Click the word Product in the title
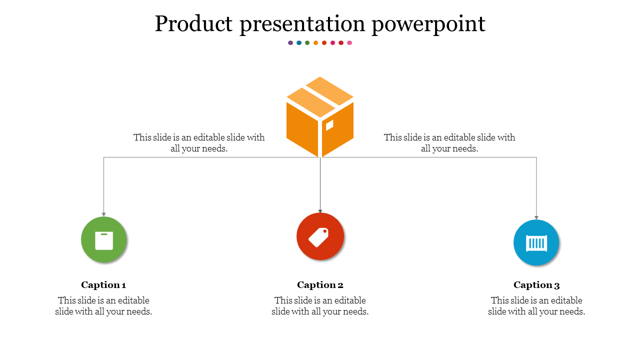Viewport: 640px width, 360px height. tap(193, 23)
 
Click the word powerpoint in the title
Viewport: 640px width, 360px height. tap(428, 25)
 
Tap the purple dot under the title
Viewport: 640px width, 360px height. tap(290, 43)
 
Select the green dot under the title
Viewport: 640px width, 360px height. tap(307, 43)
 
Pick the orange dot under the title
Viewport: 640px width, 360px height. tap(315, 43)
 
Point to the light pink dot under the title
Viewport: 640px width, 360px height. tap(349, 43)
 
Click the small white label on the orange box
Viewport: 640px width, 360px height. tap(329, 125)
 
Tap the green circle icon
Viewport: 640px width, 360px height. tap(103, 239)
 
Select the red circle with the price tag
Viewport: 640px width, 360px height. tap(320, 236)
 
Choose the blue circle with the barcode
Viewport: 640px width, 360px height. tap(536, 242)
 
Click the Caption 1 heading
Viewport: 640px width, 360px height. tap(103, 285)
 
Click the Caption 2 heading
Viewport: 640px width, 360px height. tap(320, 285)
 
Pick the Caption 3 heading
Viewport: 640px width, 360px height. tap(536, 285)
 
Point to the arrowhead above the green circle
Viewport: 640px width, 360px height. tap(103, 214)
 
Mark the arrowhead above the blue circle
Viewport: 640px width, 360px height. tap(536, 217)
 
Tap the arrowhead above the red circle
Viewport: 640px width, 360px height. tap(320, 211)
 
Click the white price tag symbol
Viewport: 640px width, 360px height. tap(318, 237)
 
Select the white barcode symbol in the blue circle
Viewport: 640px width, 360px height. tap(536, 243)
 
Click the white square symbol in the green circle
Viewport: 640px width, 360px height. tap(104, 241)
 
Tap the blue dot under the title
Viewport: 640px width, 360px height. tap(299, 43)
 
